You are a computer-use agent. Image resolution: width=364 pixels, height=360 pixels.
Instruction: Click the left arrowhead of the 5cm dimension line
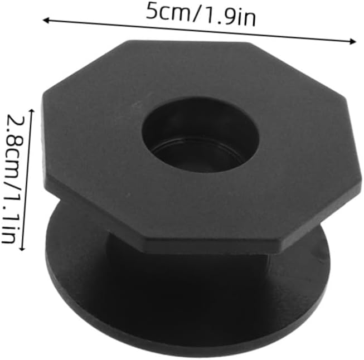(x=46, y=21)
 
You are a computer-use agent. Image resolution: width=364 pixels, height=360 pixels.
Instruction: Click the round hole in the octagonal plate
(x=200, y=135)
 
